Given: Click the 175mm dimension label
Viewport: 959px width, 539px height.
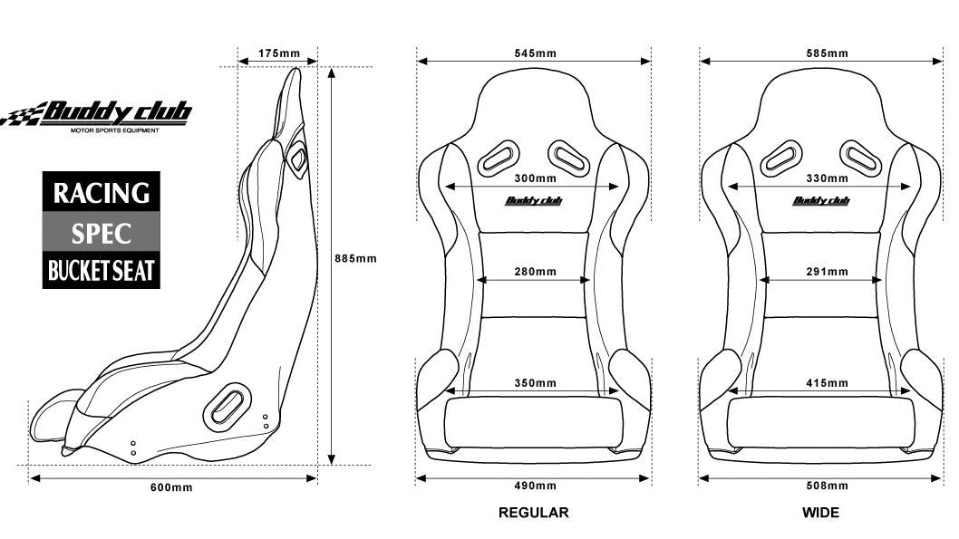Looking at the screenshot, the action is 279,53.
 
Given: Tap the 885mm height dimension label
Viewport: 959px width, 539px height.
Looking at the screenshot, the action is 355,258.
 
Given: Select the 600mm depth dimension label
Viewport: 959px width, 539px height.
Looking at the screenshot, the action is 171,487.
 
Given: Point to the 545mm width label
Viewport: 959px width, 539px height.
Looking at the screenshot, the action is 535,53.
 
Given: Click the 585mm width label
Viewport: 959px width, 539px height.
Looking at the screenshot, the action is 827,53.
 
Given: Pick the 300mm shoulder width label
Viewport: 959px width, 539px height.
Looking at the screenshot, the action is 535,178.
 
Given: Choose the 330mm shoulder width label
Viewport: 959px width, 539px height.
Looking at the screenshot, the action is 827,178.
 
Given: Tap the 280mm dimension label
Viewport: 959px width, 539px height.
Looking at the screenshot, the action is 535,272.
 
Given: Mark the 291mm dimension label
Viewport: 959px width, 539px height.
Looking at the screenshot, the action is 827,272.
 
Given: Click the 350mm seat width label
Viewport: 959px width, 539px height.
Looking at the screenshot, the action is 535,383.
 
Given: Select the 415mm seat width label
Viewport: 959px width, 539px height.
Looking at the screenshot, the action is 827,383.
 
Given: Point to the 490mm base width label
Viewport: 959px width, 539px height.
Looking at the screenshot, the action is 535,486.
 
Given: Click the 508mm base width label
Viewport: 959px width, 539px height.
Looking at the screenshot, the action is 827,486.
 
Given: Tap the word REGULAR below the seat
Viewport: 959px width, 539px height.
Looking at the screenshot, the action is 533,513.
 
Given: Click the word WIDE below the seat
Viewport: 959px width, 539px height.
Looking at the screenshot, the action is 821,513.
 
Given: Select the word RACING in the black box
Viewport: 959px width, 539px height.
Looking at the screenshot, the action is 101,193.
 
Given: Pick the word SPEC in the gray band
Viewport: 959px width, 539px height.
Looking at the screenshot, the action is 101,234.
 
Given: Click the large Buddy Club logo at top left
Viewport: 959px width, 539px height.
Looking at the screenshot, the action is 97,116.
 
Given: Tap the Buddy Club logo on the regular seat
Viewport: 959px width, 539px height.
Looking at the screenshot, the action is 533,200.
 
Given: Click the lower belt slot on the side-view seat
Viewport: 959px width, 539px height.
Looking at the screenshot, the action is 227,406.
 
